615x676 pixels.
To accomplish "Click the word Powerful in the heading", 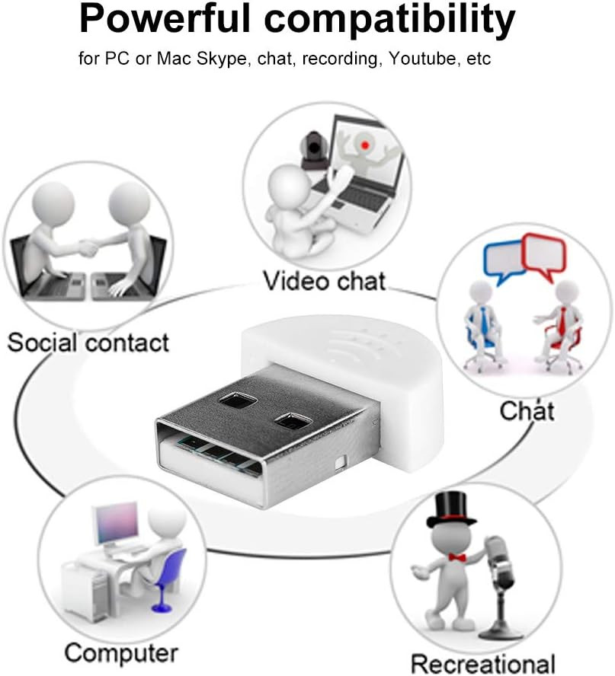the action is point(165,18).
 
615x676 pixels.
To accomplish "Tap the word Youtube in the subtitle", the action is point(422,58).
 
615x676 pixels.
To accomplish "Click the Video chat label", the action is point(324,281).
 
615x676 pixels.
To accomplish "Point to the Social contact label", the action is point(88,343).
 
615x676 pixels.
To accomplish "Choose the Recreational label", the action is point(482,664).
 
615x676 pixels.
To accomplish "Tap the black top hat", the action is point(451,509).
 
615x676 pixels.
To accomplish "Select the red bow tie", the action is point(457,557).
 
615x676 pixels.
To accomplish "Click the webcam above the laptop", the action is point(314,149).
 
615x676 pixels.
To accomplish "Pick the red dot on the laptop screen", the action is point(365,145).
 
